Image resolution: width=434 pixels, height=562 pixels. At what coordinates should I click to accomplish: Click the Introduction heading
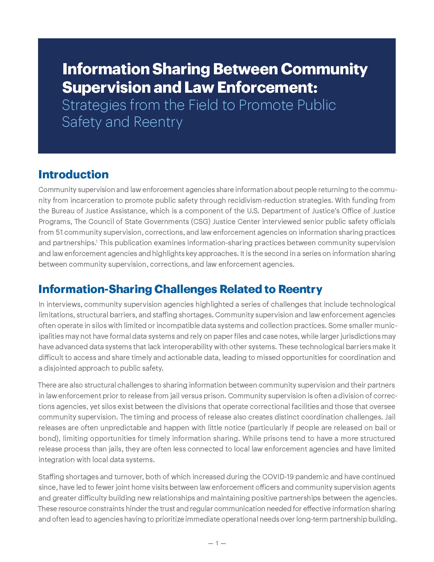(x=74, y=174)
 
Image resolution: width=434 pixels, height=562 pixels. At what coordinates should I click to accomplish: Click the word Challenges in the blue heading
(x=182, y=289)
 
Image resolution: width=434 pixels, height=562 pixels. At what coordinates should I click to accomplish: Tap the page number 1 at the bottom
(x=217, y=543)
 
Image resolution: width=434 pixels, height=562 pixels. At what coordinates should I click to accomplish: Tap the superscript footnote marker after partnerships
(x=97, y=241)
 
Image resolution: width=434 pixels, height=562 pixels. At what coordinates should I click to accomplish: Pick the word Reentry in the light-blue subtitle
(x=158, y=122)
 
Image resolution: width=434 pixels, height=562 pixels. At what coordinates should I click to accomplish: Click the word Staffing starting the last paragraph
(x=51, y=477)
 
